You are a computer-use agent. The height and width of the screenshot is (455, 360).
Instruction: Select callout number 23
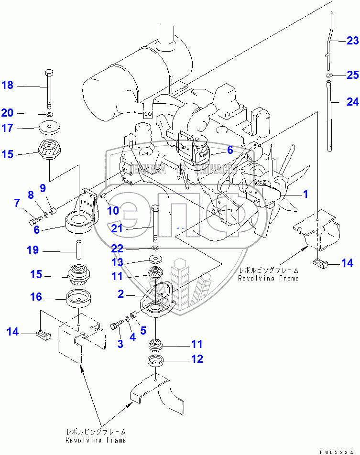click(x=352, y=40)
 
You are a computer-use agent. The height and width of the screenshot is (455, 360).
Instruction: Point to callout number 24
click(x=352, y=101)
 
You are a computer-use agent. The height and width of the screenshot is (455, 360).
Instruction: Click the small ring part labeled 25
click(x=329, y=75)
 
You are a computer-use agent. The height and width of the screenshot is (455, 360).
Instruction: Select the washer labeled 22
click(x=156, y=249)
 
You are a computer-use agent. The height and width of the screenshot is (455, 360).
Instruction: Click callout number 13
click(x=118, y=262)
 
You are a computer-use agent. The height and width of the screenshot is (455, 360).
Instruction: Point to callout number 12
click(x=197, y=359)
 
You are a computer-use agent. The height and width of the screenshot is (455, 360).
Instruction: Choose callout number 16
click(x=36, y=297)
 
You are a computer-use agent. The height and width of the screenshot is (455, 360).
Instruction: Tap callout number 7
click(x=17, y=204)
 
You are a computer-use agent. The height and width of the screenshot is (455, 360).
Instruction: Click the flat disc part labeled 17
click(x=50, y=128)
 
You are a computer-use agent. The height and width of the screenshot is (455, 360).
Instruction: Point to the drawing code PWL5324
click(x=340, y=450)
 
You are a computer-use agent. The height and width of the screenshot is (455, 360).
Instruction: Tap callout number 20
click(x=7, y=113)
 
